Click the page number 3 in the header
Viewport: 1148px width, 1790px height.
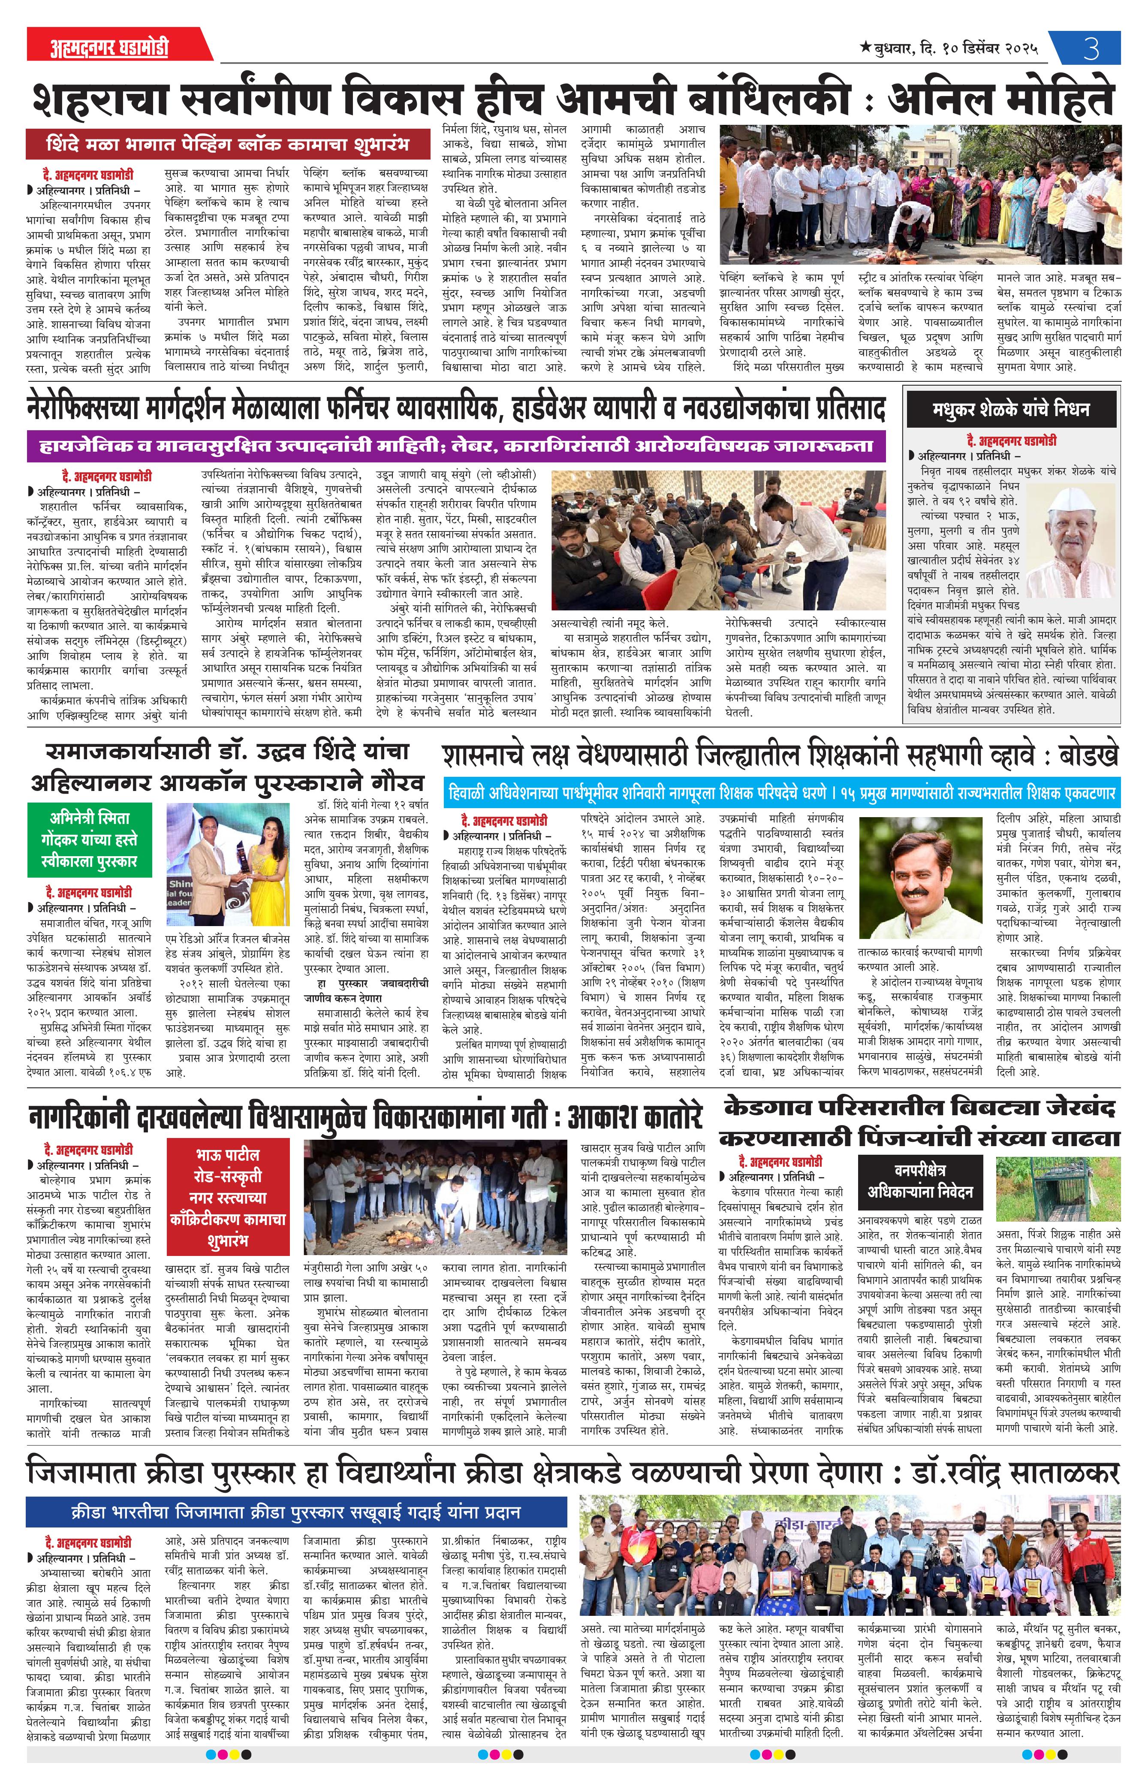click(1091, 48)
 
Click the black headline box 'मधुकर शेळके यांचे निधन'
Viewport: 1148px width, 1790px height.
click(1011, 408)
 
